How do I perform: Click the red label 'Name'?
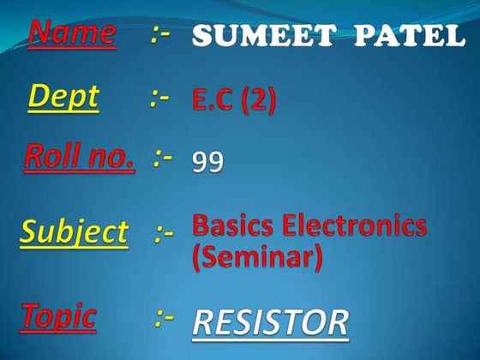[72, 34]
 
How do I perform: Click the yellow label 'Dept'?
[63, 98]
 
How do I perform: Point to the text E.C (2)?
[234, 102]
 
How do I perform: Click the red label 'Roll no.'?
[80, 157]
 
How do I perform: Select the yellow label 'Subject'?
[74, 231]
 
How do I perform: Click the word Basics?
[234, 226]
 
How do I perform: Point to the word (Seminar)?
[257, 256]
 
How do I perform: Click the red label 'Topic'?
[59, 315]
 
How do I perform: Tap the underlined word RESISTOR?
[271, 322]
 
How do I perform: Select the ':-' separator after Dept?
[159, 99]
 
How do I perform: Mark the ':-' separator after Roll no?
[164, 158]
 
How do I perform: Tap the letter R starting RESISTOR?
[204, 322]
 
